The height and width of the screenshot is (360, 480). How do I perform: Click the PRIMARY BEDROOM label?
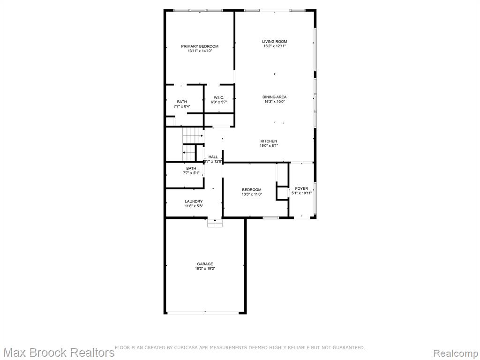click(200, 46)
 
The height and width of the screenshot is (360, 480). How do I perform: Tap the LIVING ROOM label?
click(275, 42)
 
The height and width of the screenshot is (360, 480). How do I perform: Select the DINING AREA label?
click(275, 97)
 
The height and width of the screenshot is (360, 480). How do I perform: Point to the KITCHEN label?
click(269, 141)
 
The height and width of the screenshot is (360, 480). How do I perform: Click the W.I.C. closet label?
click(219, 97)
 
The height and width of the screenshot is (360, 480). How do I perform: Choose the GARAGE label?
click(205, 264)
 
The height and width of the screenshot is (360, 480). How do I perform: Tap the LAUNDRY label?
click(194, 202)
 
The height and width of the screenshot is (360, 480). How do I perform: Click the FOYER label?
click(301, 188)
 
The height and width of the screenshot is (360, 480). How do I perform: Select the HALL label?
click(213, 157)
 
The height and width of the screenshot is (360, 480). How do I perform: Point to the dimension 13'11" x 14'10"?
click(200, 51)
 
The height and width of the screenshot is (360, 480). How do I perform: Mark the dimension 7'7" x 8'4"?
click(182, 106)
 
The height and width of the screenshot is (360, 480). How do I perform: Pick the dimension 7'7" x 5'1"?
click(191, 173)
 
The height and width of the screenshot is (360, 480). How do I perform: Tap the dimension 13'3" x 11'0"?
click(252, 194)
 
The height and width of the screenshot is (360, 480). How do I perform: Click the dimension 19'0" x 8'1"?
click(269, 146)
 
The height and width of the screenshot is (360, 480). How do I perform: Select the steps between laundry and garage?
click(215, 223)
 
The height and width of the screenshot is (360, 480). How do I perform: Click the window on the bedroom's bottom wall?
click(271, 217)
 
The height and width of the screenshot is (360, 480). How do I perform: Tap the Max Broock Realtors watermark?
click(58, 352)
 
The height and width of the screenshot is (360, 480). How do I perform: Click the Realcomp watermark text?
click(456, 353)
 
